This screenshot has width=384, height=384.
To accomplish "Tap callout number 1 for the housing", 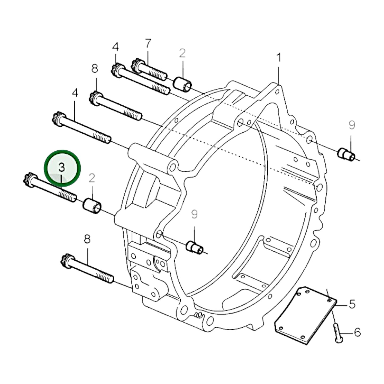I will pyautogui.click(x=278, y=58).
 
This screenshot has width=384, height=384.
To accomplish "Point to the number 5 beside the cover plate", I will pyautogui.click(x=352, y=304).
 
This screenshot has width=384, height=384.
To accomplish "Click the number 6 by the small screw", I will pyautogui.click(x=357, y=332).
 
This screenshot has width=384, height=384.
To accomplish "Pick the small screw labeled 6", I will pyautogui.click(x=337, y=332).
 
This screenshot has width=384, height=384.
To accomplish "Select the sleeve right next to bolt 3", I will pyautogui.click(x=92, y=207).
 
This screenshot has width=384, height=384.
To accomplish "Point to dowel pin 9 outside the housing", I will pyautogui.click(x=346, y=155).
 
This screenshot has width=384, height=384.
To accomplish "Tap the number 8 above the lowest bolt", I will pyautogui.click(x=87, y=239).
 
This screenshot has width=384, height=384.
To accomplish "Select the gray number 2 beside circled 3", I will pyautogui.click(x=92, y=178).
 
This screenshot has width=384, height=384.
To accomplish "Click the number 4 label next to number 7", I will pyautogui.click(x=115, y=47).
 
